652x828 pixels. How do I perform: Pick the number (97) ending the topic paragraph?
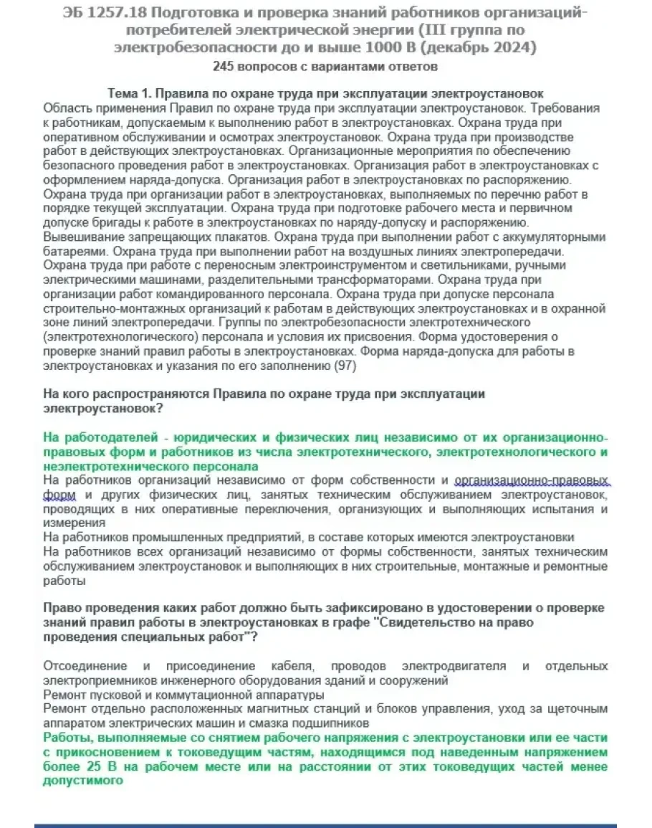click(x=344, y=366)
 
